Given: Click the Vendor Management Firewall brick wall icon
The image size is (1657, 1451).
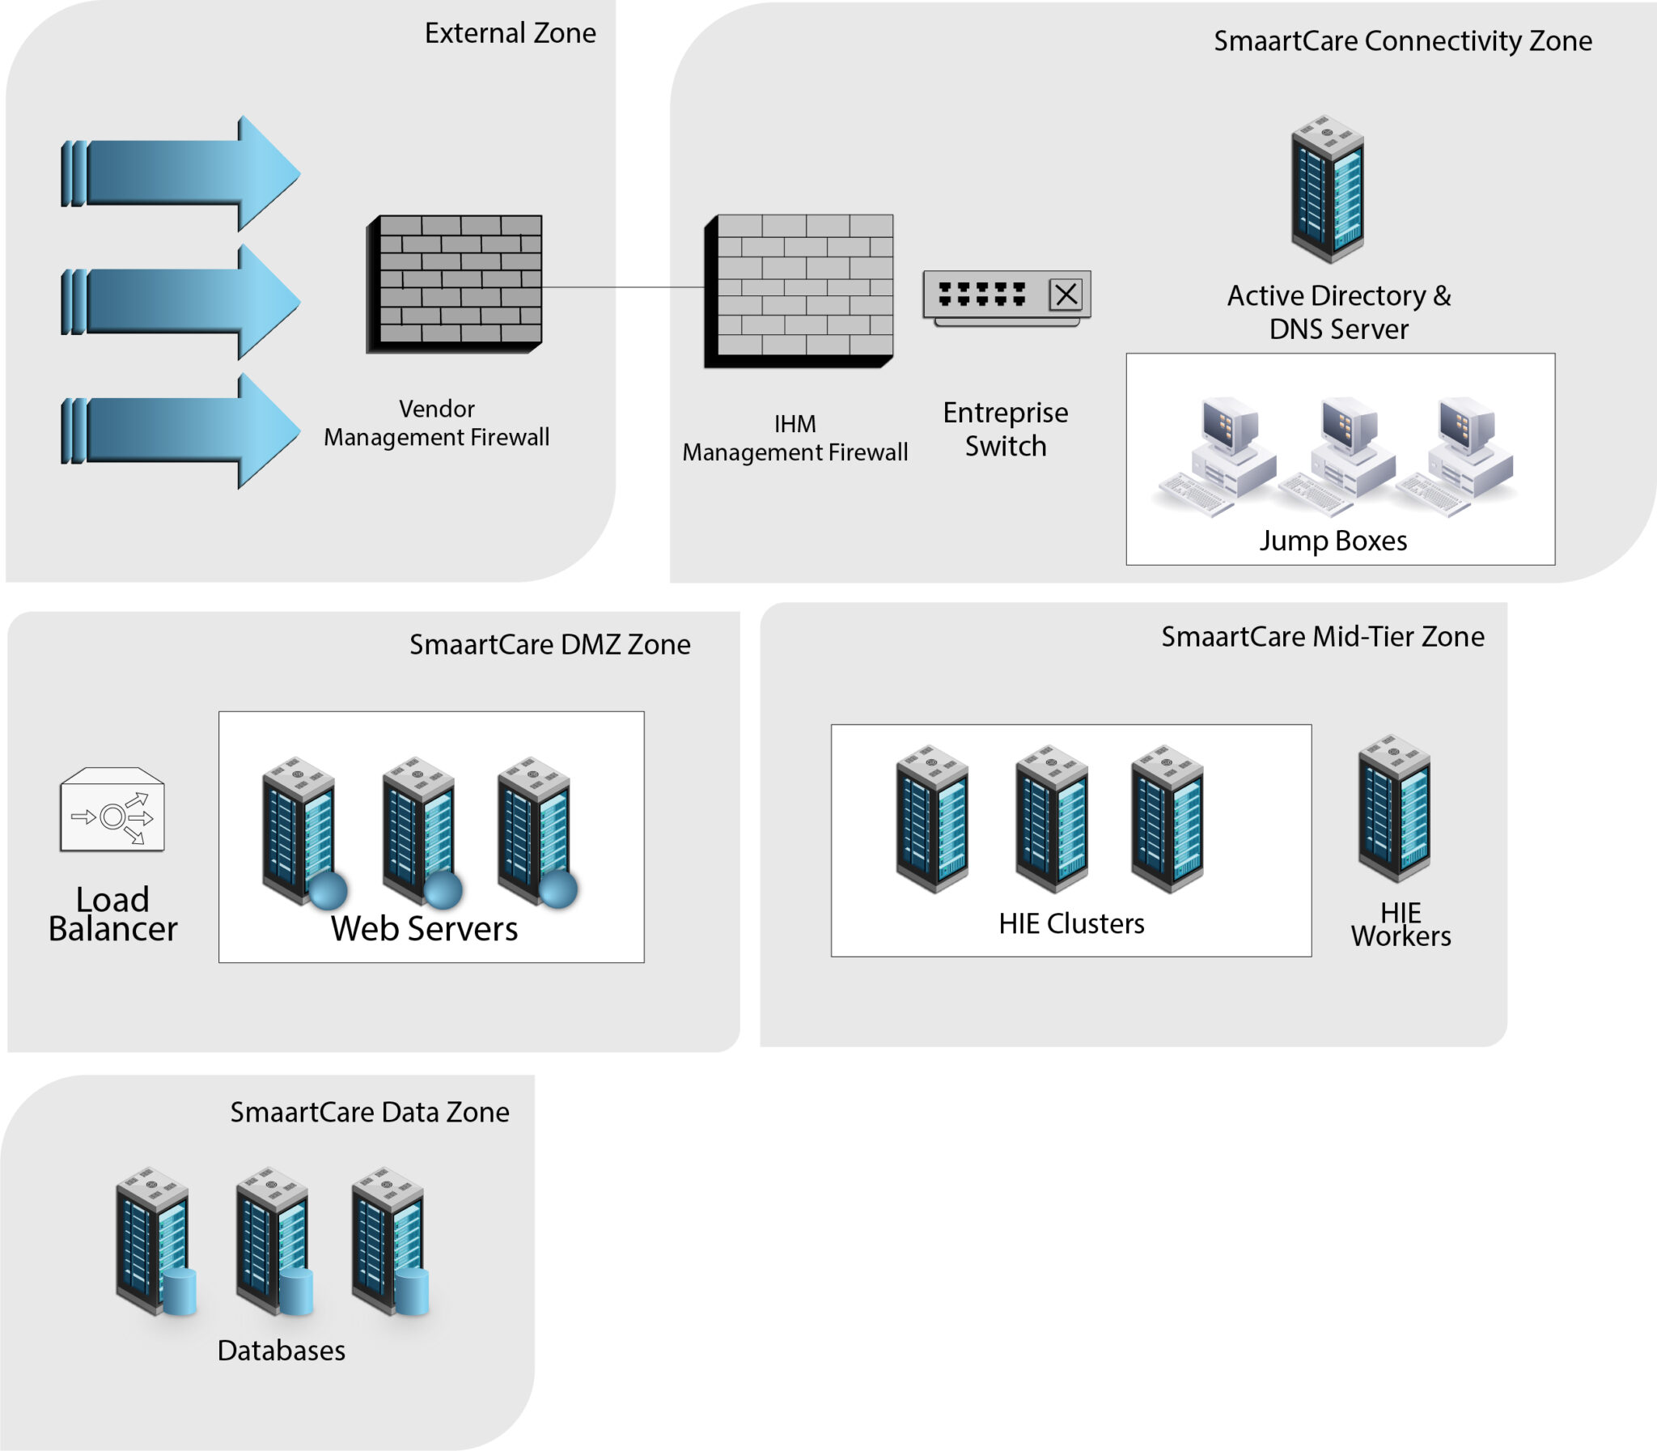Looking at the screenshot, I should [x=455, y=283].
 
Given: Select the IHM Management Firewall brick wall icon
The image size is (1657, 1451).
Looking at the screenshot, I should [x=799, y=290].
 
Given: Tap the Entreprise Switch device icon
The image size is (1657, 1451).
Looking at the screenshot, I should [x=1006, y=297].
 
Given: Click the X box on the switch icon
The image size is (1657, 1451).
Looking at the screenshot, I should [x=1066, y=295].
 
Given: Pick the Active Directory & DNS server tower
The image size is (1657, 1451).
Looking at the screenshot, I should [x=1328, y=189].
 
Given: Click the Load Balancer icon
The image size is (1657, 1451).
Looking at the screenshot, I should [x=112, y=811].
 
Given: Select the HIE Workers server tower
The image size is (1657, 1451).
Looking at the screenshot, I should [x=1394, y=808].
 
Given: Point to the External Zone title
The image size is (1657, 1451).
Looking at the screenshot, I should [x=510, y=33].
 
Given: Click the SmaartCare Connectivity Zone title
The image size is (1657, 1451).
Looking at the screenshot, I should [x=1402, y=41].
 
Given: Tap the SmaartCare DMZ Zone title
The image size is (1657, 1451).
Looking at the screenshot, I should [x=549, y=644].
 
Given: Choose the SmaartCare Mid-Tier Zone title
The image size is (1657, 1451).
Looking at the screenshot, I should [x=1323, y=637].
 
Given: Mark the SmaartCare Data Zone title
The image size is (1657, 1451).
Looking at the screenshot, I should [x=370, y=1113].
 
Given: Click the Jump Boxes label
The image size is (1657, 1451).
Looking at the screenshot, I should [x=1333, y=541].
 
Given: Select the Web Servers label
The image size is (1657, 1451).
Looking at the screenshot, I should [x=424, y=929].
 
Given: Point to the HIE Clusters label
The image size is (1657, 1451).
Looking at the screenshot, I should [x=1071, y=924].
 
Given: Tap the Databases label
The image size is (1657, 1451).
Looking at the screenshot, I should [x=282, y=1351].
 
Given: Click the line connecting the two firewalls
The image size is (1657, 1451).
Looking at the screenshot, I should [x=623, y=286].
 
